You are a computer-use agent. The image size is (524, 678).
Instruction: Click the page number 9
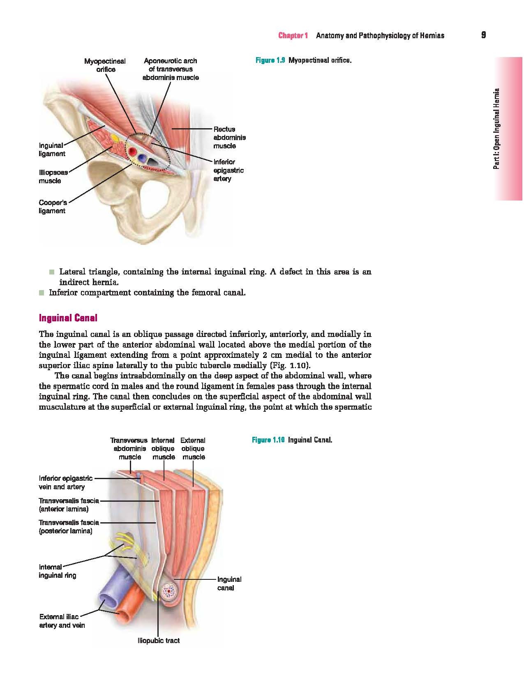(483, 35)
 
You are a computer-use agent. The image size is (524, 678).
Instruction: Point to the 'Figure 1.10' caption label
(268, 440)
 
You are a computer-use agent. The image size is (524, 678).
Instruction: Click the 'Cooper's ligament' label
(52, 207)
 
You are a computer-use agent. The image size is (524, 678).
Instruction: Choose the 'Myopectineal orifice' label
(105, 65)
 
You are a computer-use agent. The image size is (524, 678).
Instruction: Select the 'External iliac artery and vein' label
(62, 621)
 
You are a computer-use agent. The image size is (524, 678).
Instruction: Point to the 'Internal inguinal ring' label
(58, 571)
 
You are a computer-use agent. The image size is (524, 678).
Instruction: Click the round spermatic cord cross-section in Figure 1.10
(169, 592)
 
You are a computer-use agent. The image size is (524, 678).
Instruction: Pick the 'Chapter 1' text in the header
(293, 36)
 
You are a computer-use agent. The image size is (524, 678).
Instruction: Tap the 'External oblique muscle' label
(193, 448)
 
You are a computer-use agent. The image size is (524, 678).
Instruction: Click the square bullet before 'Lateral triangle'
(51, 272)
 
